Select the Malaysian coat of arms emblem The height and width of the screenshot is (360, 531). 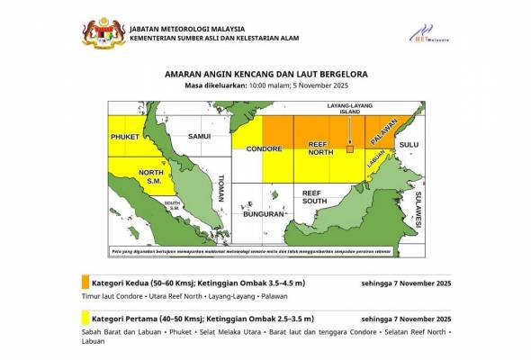100,31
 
